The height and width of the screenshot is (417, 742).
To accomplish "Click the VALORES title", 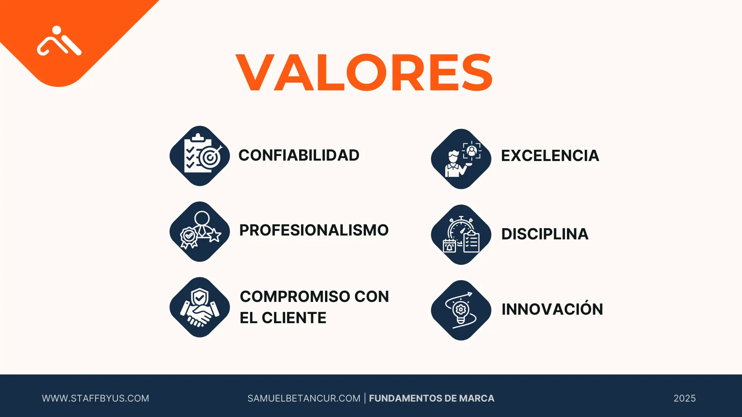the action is pos(364,73).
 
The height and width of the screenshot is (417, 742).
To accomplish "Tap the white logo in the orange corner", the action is pos(59,41).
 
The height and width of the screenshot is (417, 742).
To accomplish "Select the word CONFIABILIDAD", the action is pos(299,155).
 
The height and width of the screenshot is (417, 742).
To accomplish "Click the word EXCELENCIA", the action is pos(550,156).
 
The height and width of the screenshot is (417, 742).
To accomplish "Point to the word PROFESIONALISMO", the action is pos(314,230).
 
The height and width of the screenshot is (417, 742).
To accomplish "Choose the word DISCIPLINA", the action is pos(545,234).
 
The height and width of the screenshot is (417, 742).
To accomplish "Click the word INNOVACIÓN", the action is pos(552,309).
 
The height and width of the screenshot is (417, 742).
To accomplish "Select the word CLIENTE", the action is pos(294,318).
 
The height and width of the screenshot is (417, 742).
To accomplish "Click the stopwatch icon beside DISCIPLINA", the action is pos(461,234).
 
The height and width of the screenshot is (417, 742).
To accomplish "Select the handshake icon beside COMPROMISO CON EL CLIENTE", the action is pos(200,307).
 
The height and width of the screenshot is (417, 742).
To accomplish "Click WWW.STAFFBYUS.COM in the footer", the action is pos(95,398).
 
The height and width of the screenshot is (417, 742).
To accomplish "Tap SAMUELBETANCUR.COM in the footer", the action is pos(304,398).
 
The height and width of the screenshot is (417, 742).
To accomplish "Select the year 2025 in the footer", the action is pos(684,398).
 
